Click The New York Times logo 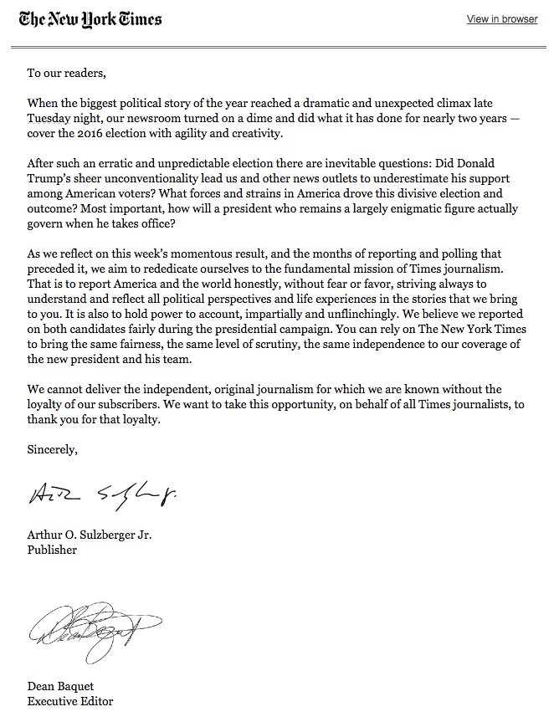91,19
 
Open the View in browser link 501,19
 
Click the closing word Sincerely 52,450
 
